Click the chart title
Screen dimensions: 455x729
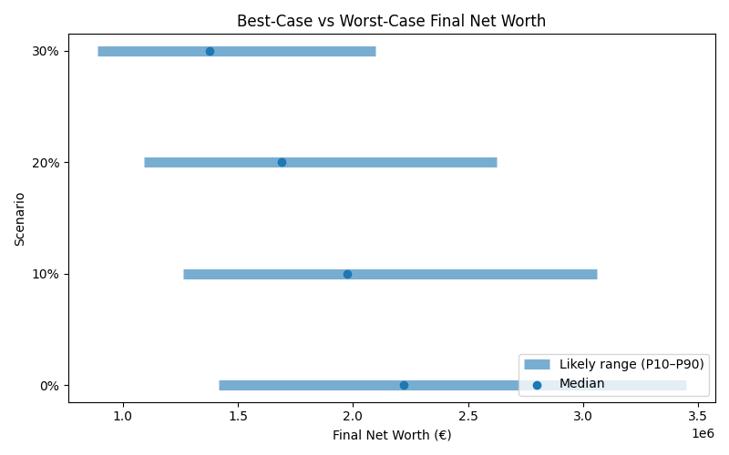pyautogui.click(x=391, y=21)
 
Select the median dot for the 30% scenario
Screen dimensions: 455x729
pyautogui.click(x=210, y=51)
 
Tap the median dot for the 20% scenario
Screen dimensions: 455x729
pyautogui.click(x=282, y=162)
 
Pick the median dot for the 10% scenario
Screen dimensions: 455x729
pyautogui.click(x=347, y=274)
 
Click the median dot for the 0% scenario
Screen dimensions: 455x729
pyautogui.click(x=404, y=385)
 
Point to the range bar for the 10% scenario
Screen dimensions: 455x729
pyautogui.click(x=456, y=274)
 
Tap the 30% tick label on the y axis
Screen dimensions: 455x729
pyautogui.click(x=46, y=51)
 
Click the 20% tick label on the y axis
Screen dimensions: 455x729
pyautogui.click(x=46, y=162)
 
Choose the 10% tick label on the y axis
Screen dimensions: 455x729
pyautogui.click(x=46, y=274)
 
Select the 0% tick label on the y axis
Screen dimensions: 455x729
pyautogui.click(x=49, y=385)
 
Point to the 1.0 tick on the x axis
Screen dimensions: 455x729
pyautogui.click(x=122, y=417)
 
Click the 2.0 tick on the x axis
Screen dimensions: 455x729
pyautogui.click(x=353, y=417)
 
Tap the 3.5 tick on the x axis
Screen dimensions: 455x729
pyautogui.click(x=698, y=417)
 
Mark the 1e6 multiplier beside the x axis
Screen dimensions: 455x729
pyautogui.click(x=703, y=433)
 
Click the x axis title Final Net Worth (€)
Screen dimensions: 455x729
pyautogui.click(x=391, y=435)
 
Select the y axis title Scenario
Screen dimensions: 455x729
pyautogui.click(x=20, y=218)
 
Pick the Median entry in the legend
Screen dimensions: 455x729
pyautogui.click(x=581, y=384)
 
